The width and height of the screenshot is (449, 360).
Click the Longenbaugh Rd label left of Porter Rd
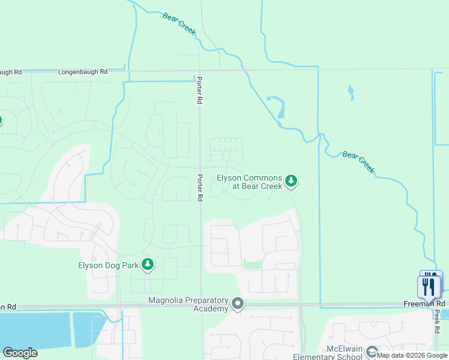[83, 72]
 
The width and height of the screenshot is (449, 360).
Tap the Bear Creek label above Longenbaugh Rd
[179, 23]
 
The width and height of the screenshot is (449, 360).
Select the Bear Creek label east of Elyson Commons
[358, 162]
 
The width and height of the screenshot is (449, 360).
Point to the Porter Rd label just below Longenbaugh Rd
[199, 91]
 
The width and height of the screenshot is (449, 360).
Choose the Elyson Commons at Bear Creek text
[249, 182]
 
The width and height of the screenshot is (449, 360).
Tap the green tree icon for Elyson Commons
[291, 180]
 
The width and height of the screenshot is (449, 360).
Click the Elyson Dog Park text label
[108, 265]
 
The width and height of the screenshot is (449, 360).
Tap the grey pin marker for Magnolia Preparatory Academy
[238, 304]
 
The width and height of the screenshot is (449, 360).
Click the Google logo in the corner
[20, 353]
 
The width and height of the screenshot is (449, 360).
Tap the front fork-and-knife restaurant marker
[428, 286]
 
